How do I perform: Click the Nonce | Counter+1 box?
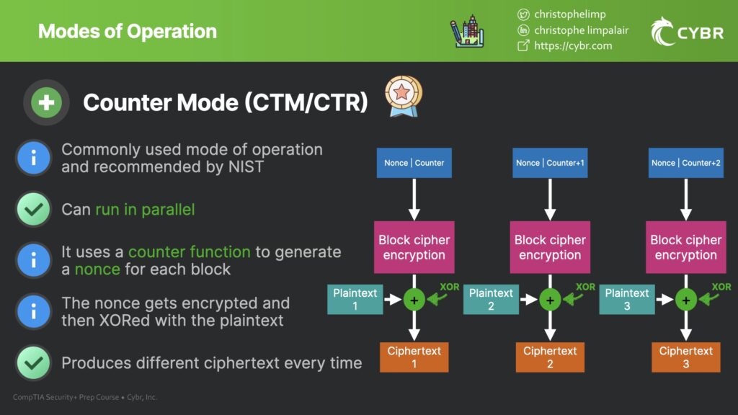[x=550, y=163]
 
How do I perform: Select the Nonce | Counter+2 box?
[x=686, y=163]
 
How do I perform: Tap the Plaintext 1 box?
[x=355, y=299]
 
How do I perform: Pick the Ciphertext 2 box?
[x=550, y=357]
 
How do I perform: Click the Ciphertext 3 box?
[x=686, y=357]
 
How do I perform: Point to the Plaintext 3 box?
[x=626, y=299]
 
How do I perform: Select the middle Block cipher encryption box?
[x=550, y=247]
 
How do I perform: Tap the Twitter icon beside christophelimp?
[x=524, y=14]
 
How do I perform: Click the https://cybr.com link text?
[x=573, y=45]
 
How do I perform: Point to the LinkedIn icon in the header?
[x=524, y=30]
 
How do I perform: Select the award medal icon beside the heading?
[x=404, y=97]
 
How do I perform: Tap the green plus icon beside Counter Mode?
[x=47, y=103]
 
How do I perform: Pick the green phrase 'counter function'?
[x=190, y=252]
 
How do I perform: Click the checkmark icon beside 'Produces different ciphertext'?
[x=34, y=362]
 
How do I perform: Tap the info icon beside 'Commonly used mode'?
[x=34, y=158]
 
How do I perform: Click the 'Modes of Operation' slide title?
[x=128, y=32]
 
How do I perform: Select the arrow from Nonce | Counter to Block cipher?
[x=414, y=199]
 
